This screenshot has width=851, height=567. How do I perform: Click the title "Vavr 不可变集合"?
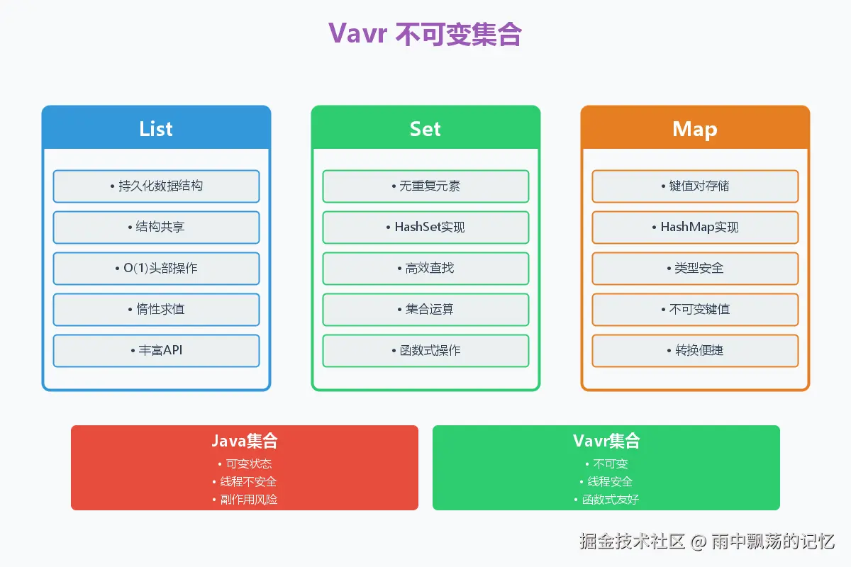point(425,34)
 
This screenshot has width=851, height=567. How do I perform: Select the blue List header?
point(156,128)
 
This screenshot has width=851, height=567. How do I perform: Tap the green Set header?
point(425,128)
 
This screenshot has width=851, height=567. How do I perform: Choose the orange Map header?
point(695,128)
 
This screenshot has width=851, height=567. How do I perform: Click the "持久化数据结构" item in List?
point(156,186)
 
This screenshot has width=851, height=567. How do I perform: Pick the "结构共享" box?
point(156,227)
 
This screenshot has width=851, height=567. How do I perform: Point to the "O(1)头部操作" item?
point(156,268)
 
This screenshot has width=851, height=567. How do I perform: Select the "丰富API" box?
point(156,350)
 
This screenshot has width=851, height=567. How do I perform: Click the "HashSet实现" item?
point(425,227)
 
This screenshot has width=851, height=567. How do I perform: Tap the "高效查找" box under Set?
point(425,268)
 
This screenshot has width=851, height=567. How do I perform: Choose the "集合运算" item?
point(425,309)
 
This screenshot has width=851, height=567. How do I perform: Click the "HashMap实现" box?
point(695,227)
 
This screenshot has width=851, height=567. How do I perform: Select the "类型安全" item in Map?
point(695,268)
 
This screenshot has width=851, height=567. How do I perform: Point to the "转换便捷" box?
point(695,350)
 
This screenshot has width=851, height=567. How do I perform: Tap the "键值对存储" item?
point(695,186)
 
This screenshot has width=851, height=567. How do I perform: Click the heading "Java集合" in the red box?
point(245,441)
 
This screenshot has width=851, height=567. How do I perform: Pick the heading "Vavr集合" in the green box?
point(606,441)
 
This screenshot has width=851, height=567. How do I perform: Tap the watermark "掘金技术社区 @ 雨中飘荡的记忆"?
point(706,541)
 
